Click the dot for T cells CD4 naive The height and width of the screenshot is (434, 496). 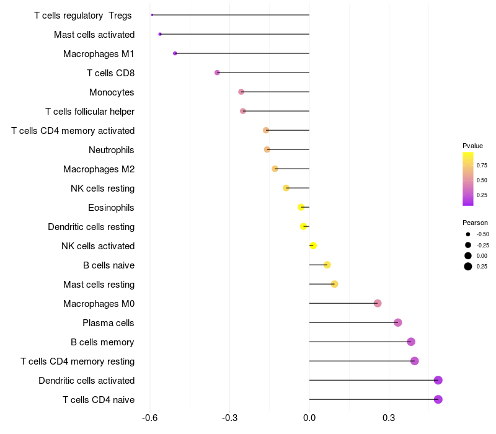coord(438,399)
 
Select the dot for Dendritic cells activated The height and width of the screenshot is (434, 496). coord(438,380)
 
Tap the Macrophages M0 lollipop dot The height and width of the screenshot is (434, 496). coord(378,303)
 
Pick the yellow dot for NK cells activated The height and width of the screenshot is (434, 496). coord(313,246)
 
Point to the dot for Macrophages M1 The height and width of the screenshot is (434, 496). coord(175,53)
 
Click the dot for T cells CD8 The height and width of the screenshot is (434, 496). coord(217,73)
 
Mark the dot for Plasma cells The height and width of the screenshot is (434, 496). coord(398,322)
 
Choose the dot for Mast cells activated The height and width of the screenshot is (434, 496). coord(160,34)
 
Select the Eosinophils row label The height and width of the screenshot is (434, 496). coord(112,207)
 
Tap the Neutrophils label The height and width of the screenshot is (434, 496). coord(112,149)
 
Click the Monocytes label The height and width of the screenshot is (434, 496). coord(112,92)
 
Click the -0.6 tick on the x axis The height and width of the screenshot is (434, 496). coord(149,418)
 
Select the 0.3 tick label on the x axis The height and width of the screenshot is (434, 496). coord(389,418)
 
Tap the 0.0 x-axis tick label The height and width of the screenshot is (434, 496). coord(309,418)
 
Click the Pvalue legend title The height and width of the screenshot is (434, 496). coord(472,146)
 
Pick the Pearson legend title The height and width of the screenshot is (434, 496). coord(475,223)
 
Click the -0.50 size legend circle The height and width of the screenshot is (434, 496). coord(467,234)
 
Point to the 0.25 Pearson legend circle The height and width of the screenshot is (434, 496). coord(467,267)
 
